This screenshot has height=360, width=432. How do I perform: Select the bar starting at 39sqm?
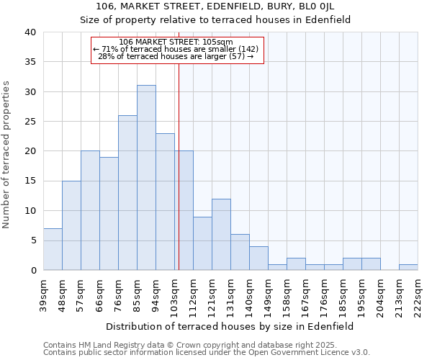(53, 249)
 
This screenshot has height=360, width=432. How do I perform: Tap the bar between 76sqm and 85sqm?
(127, 192)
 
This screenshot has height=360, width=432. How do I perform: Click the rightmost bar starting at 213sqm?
(408, 267)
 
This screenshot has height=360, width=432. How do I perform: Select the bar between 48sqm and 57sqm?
(71, 225)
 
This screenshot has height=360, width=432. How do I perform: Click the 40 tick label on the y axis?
(30, 32)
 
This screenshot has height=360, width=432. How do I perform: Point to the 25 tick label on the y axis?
(30, 122)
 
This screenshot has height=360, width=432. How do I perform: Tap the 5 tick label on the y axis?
(32, 240)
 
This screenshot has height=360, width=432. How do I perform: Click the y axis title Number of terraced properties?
(7, 154)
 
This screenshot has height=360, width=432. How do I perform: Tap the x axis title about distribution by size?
(230, 326)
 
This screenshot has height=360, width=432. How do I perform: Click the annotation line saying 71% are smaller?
(177, 49)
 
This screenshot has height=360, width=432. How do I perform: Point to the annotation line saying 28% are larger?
(176, 56)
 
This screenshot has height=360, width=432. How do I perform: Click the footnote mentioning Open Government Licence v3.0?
(207, 352)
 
